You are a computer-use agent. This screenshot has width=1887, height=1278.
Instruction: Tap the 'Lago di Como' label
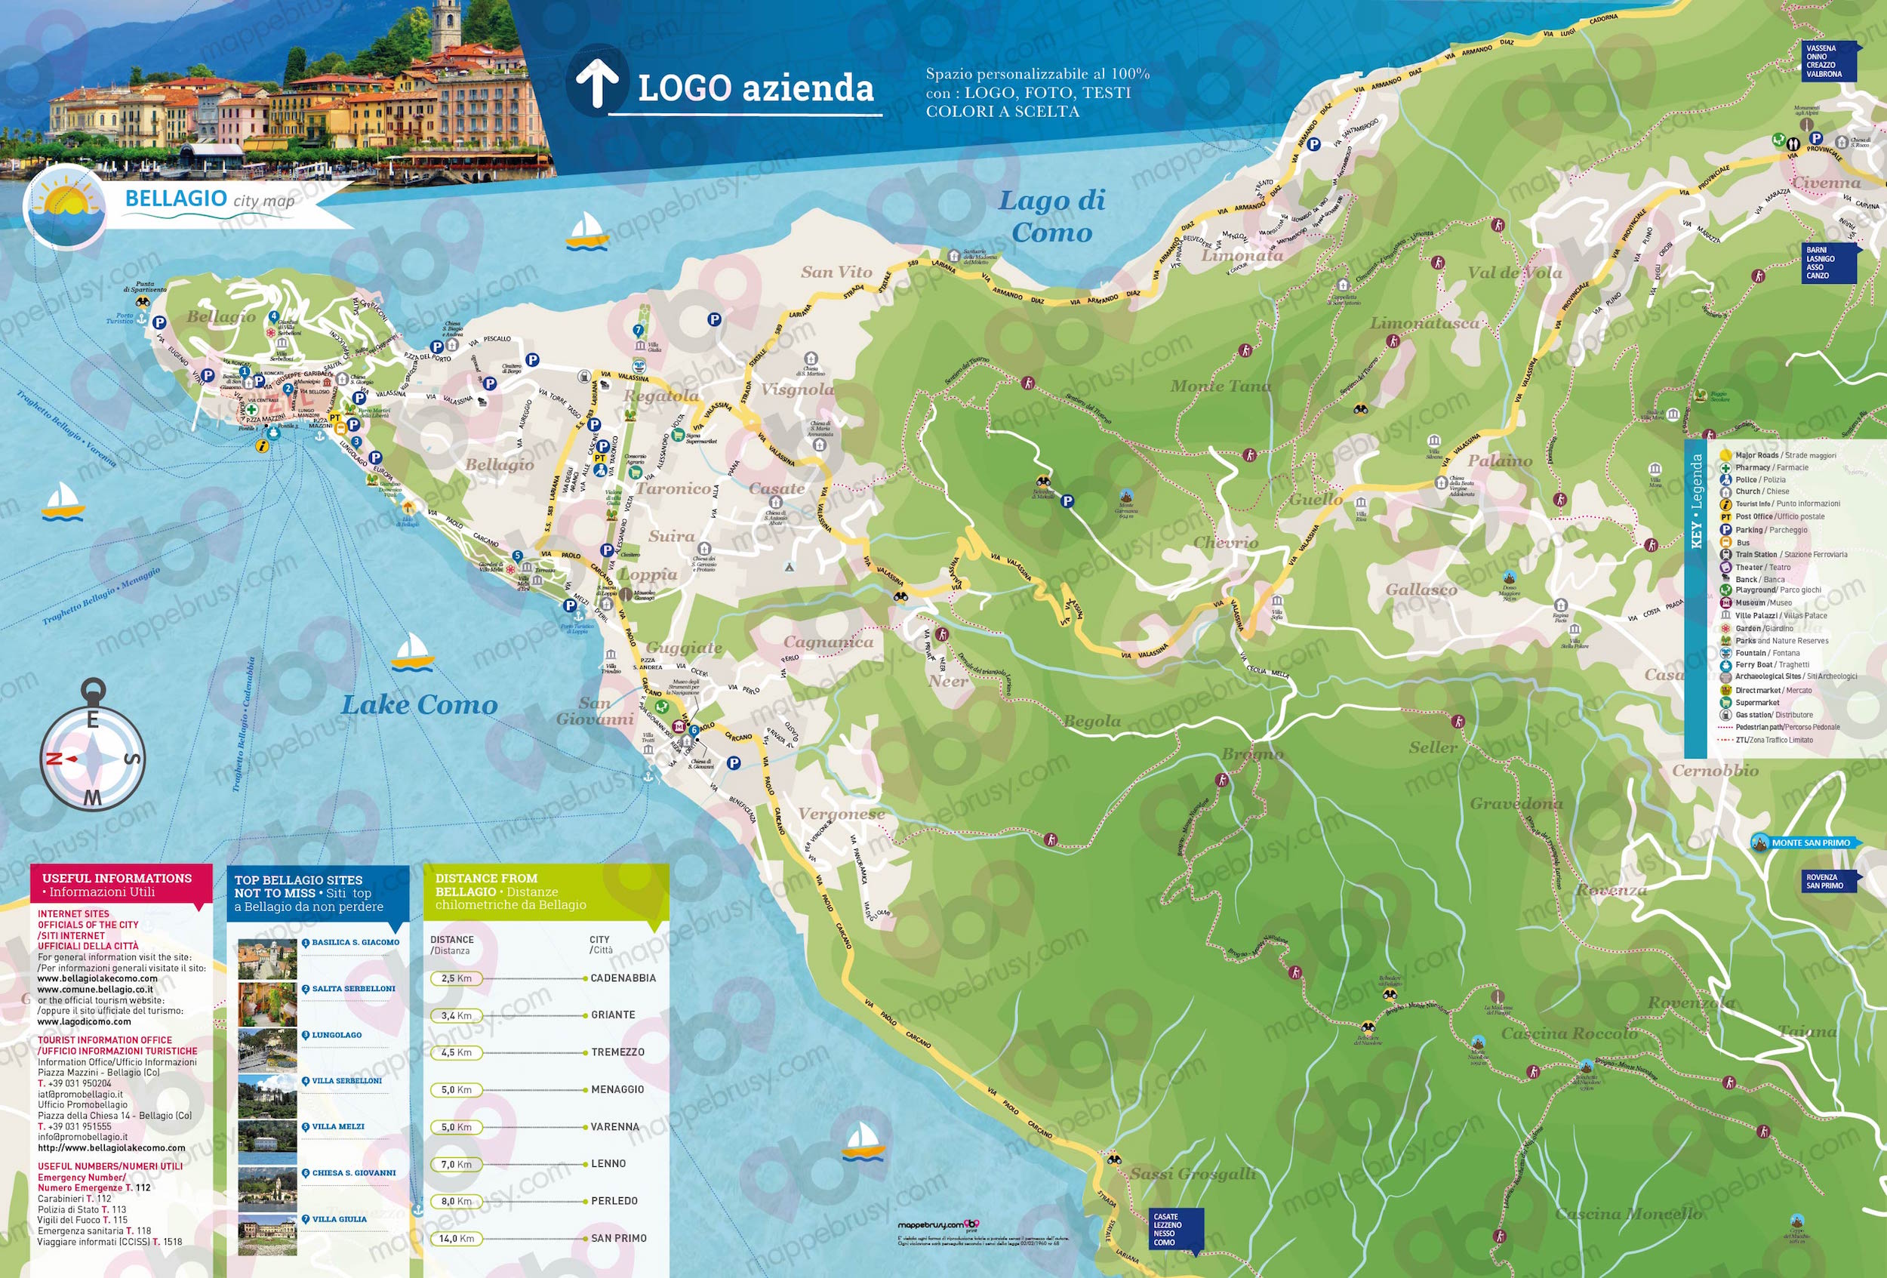pyautogui.click(x=1051, y=216)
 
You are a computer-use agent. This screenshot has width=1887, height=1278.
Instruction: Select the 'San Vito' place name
pyautogui.click(x=836, y=273)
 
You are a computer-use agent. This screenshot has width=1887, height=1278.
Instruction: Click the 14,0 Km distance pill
pyautogui.click(x=457, y=1238)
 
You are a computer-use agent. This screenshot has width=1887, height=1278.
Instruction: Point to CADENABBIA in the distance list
pyautogui.click(x=623, y=978)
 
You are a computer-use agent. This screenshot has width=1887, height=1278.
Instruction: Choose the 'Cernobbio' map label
pyautogui.click(x=1714, y=771)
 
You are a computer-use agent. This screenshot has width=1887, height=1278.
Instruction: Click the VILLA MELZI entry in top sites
pyautogui.click(x=338, y=1126)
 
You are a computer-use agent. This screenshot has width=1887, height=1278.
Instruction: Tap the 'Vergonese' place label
pyautogui.click(x=841, y=814)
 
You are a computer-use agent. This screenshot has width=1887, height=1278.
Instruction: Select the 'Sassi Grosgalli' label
pyautogui.click(x=1193, y=1174)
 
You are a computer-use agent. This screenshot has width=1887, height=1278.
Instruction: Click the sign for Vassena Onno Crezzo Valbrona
pyautogui.click(x=1827, y=61)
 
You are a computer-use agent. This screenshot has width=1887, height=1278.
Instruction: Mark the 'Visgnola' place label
pyautogui.click(x=796, y=390)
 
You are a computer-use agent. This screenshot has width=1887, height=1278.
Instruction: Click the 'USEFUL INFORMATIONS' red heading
pyautogui.click(x=117, y=878)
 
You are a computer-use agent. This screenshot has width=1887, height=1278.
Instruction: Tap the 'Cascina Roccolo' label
pyautogui.click(x=1568, y=1033)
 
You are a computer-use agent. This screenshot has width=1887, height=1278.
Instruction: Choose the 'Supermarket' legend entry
pyautogui.click(x=1757, y=702)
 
